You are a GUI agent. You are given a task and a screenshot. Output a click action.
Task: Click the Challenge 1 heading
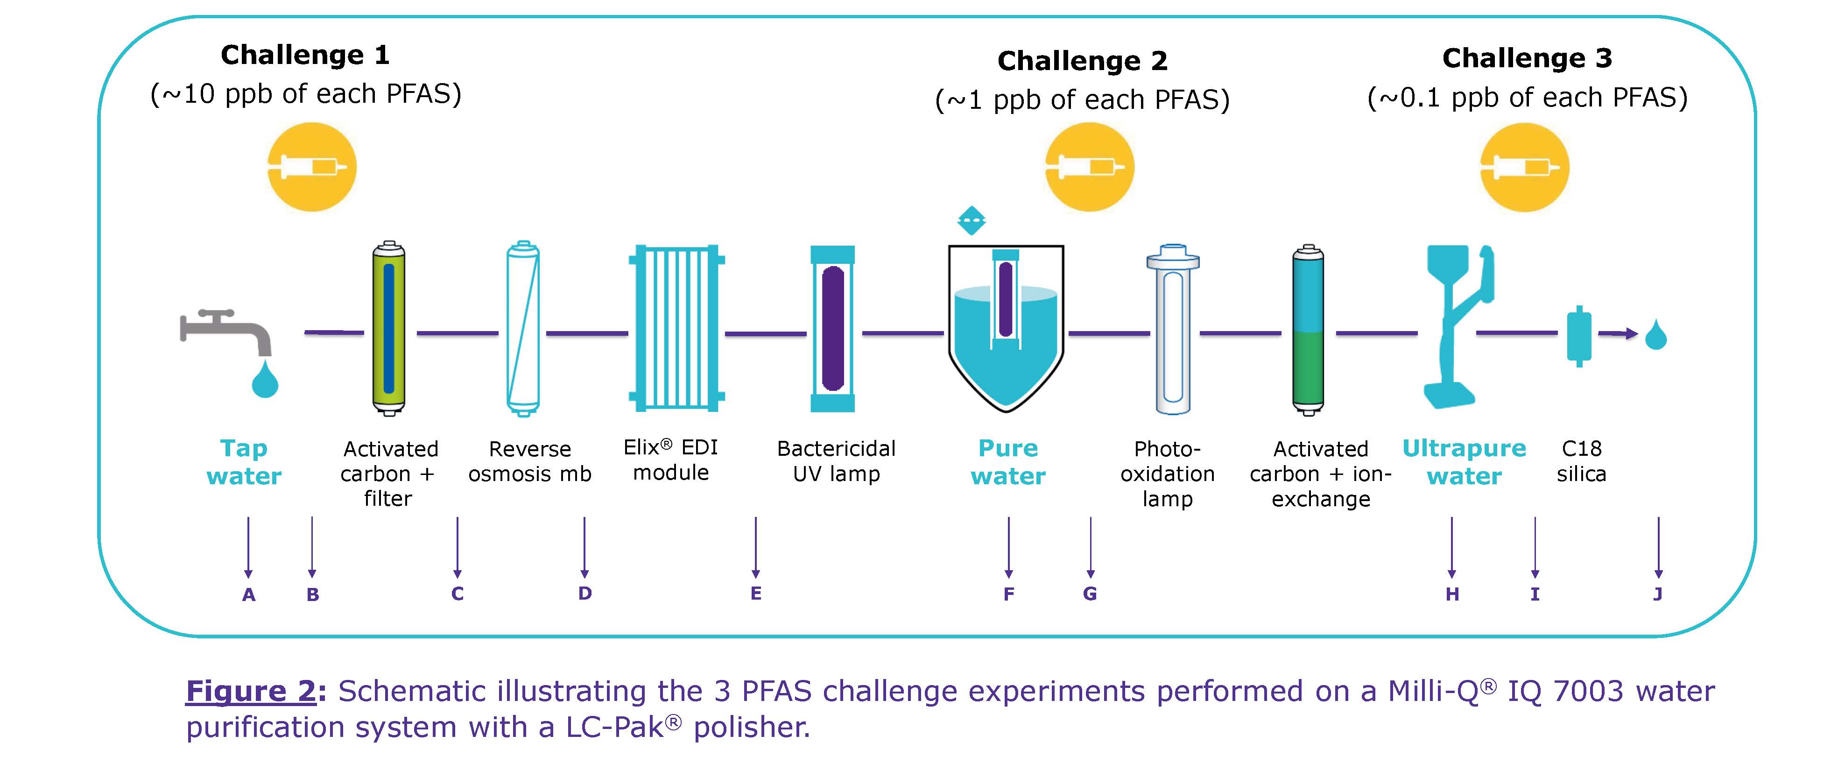[x=305, y=55]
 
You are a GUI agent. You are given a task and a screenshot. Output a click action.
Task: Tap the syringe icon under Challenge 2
[x=1089, y=167]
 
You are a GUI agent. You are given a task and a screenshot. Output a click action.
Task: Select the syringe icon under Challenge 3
[x=1525, y=167]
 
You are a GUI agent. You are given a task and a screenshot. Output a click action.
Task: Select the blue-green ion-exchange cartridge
[x=1308, y=330]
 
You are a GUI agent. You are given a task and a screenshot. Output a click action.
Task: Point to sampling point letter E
[x=756, y=593]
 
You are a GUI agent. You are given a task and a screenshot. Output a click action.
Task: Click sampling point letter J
[x=1657, y=594]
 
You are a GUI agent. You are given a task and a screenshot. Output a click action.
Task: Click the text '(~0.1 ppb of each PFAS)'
[x=1527, y=98]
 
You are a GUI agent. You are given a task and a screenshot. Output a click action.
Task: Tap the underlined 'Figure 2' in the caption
[x=251, y=692]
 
